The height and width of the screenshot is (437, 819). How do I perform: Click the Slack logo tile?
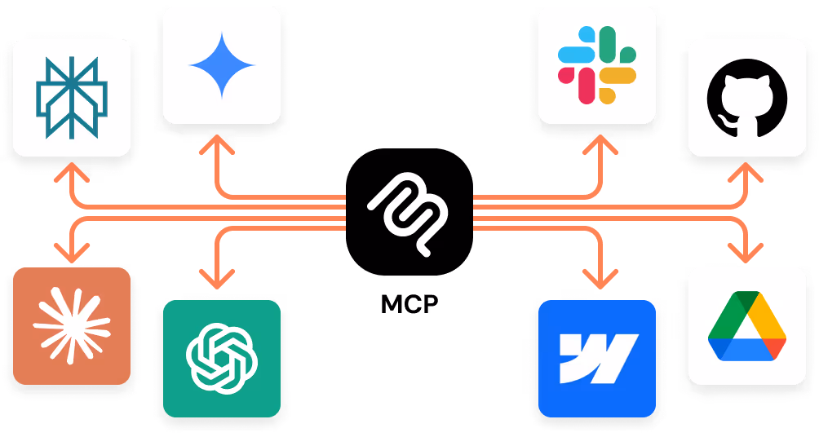597,64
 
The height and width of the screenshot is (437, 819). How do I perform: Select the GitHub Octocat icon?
747,97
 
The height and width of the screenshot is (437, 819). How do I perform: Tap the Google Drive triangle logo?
747,325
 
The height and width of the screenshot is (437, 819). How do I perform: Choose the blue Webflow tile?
597,358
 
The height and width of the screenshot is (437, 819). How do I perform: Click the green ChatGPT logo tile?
222,358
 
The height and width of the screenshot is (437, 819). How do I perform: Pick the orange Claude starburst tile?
72,325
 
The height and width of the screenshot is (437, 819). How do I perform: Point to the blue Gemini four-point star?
222,64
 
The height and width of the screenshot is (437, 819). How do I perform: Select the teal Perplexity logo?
72,97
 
